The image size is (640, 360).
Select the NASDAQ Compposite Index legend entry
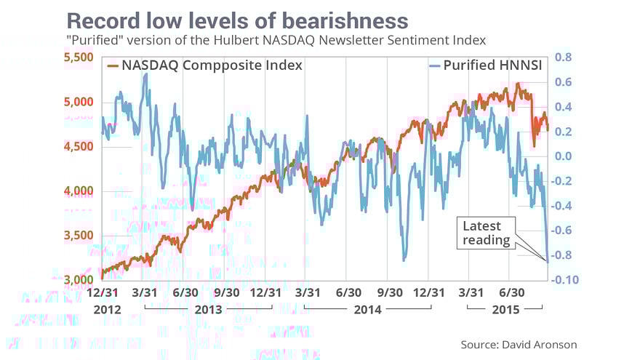[204, 65]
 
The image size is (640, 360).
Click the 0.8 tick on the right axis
[563, 57]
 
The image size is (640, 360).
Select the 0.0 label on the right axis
[563, 156]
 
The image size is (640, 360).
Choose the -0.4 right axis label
[562, 206]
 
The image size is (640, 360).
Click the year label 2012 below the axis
[105, 308]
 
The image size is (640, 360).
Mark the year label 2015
[504, 308]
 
